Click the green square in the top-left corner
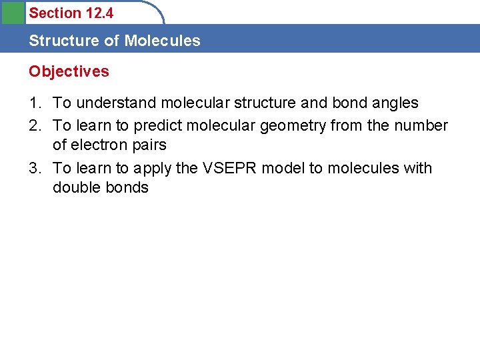(x=12, y=13)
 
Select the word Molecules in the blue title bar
(x=162, y=41)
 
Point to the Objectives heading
(x=69, y=71)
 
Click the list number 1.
(x=34, y=103)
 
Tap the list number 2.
(x=34, y=125)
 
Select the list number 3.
(x=34, y=168)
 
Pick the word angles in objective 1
(x=396, y=103)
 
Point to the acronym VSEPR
(x=229, y=168)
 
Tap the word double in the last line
(x=74, y=187)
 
